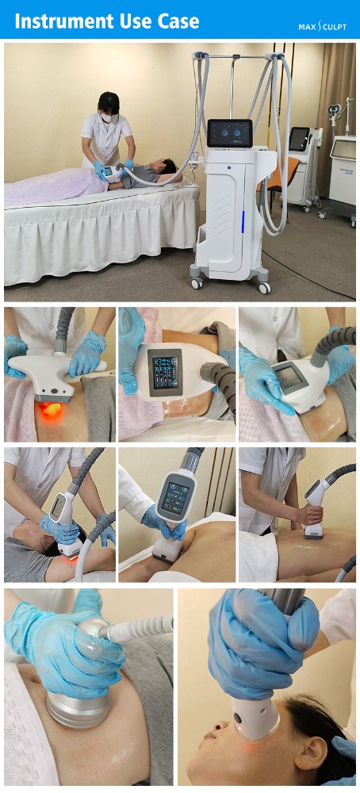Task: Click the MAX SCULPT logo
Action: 322,26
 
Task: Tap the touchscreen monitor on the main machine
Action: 229,133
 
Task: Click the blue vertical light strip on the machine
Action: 243,222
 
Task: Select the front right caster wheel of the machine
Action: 264,287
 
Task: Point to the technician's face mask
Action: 106,116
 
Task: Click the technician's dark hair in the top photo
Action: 108,102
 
